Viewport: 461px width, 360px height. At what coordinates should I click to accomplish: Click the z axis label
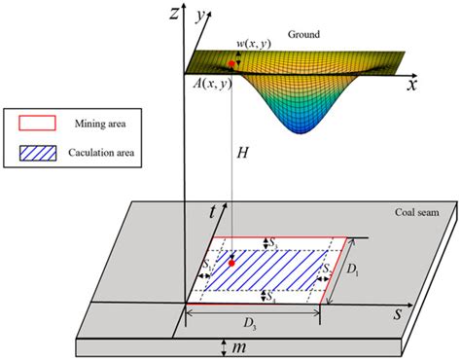coord(172,15)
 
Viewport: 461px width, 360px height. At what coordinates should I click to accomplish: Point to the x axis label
coord(412,85)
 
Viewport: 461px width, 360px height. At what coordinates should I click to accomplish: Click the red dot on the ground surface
coord(231,64)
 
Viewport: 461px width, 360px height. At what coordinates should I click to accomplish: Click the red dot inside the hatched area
coord(231,262)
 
